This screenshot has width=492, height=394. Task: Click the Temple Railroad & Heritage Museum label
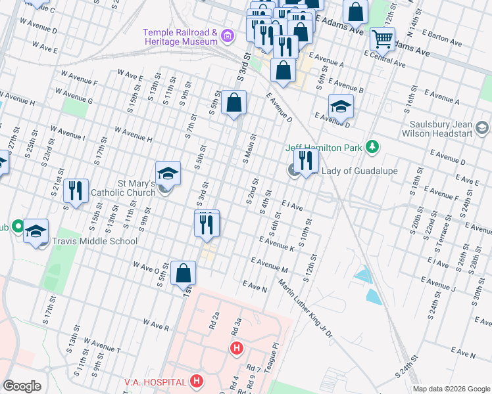pyautogui.click(x=181, y=37)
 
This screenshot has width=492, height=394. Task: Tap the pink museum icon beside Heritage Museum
pyautogui.click(x=228, y=35)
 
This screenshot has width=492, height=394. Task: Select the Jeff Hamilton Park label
pyautogui.click(x=324, y=148)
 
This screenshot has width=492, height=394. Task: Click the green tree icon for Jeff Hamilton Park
pyautogui.click(x=372, y=146)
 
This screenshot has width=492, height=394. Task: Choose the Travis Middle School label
pyautogui.click(x=95, y=241)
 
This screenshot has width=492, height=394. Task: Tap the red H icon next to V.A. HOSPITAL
pyautogui.click(x=195, y=381)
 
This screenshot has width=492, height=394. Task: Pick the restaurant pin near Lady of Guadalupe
pyautogui.click(x=306, y=160)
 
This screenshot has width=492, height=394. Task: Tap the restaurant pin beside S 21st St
pyautogui.click(x=76, y=191)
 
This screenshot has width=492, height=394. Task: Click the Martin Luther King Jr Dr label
pyautogui.click(x=306, y=309)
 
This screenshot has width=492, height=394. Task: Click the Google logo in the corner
pyautogui.click(x=22, y=386)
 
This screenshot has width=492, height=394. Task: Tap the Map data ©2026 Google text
pyautogui.click(x=451, y=389)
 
